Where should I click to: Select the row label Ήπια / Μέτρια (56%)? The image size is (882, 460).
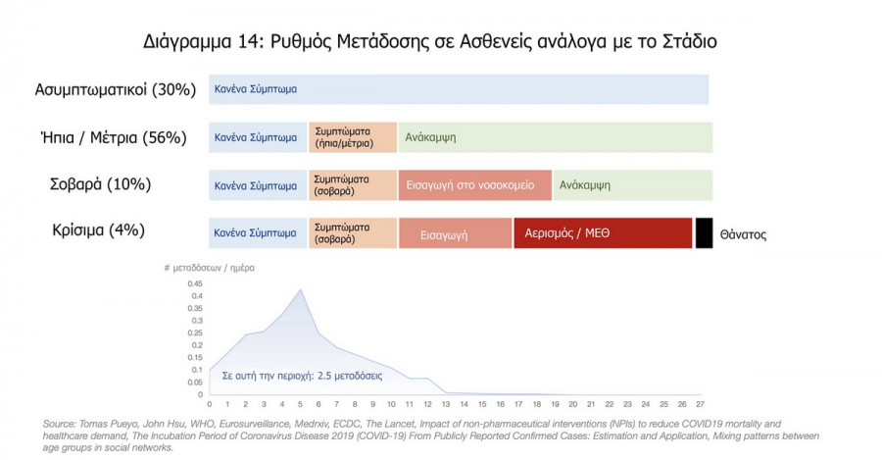click(x=115, y=137)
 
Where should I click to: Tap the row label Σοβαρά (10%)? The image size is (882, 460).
click(x=101, y=184)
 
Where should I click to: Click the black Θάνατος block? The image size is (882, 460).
click(x=704, y=232)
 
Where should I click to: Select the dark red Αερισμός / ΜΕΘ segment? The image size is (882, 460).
click(x=602, y=233)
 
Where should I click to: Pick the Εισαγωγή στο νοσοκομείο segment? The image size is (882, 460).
click(x=474, y=184)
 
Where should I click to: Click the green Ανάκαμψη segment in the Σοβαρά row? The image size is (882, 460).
click(x=632, y=184)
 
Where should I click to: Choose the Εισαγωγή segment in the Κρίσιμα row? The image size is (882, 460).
click(x=455, y=234)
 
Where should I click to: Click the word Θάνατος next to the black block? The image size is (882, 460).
click(x=743, y=235)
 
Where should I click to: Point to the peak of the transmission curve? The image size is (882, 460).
click(x=301, y=288)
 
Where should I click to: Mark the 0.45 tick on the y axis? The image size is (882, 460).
click(x=197, y=283)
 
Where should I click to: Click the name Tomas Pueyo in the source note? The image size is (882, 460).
click(x=100, y=424)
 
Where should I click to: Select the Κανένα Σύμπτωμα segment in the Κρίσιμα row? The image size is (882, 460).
click(x=257, y=233)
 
